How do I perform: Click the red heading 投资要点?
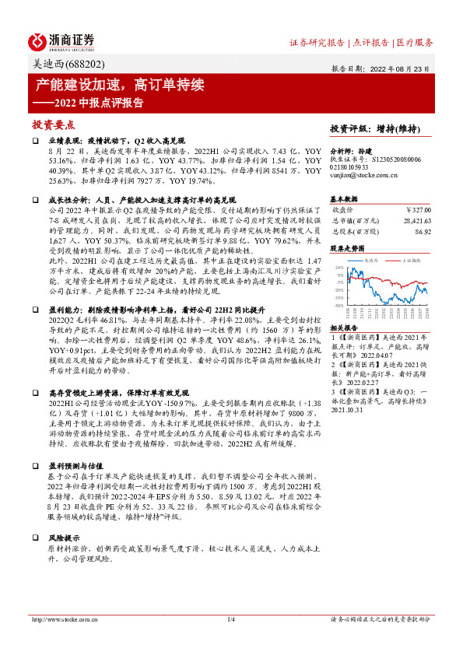(x=54, y=124)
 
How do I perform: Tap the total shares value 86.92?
(x=423, y=231)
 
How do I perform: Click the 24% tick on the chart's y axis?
(x=340, y=268)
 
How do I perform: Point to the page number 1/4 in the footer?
(x=230, y=619)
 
